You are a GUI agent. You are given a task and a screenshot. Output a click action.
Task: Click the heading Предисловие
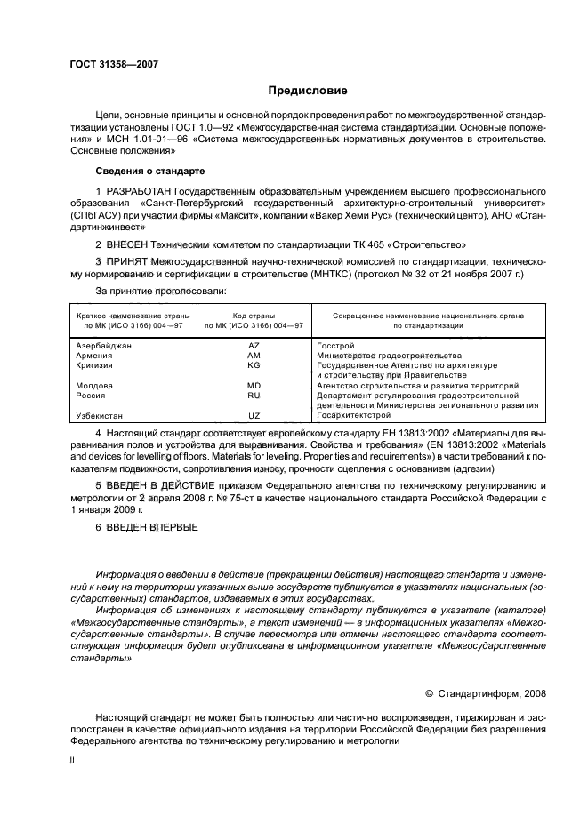click(309, 91)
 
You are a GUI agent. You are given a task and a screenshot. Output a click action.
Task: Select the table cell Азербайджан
click(104, 345)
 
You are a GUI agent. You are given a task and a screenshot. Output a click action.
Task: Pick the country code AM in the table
click(254, 355)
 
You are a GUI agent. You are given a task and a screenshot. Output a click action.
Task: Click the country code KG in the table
click(254, 365)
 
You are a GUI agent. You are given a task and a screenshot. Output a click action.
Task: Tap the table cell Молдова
click(94, 386)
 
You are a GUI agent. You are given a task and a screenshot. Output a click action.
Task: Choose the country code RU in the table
click(254, 396)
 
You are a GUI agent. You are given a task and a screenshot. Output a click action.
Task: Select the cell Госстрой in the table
click(336, 345)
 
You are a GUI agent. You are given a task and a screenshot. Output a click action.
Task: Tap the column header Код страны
click(254, 316)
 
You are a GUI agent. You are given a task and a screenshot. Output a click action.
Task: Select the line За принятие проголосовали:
click(160, 291)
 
